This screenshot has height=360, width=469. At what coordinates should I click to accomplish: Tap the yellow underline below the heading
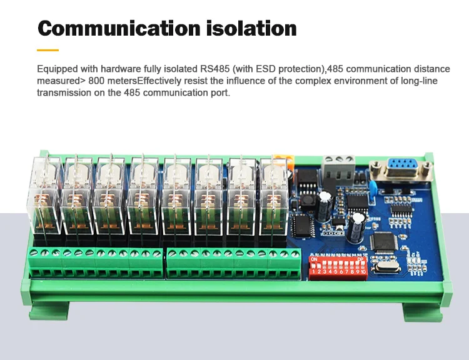pyautogui.click(x=48, y=50)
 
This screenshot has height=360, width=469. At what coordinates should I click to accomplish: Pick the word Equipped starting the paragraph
pyautogui.click(x=58, y=69)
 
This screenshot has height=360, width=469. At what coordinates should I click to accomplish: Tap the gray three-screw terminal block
pyautogui.click(x=338, y=167)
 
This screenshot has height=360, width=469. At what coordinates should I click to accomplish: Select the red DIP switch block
pyautogui.click(x=338, y=266)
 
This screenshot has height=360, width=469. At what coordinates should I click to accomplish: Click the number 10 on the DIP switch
pyautogui.click(x=363, y=272)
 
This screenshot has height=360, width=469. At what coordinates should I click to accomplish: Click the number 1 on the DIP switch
pyautogui.click(x=313, y=272)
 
